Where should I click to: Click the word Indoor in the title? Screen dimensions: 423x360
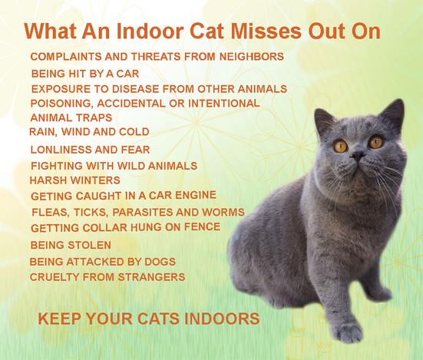click(x=150, y=31)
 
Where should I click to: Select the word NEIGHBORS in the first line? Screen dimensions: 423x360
click(x=252, y=57)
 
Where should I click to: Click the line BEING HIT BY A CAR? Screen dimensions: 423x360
click(x=85, y=74)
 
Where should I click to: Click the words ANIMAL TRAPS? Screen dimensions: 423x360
click(x=71, y=117)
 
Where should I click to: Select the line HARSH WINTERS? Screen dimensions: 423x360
click(x=74, y=180)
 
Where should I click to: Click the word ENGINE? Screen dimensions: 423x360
click(x=196, y=195)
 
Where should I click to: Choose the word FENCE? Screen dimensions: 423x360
click(x=202, y=226)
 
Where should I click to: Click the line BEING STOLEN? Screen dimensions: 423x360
click(x=71, y=245)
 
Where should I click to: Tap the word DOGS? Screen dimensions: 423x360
click(x=160, y=262)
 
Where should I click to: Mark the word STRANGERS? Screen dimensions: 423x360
click(x=151, y=277)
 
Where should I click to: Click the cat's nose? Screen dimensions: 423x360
click(x=358, y=155)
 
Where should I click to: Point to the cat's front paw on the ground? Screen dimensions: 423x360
click(x=349, y=333)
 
